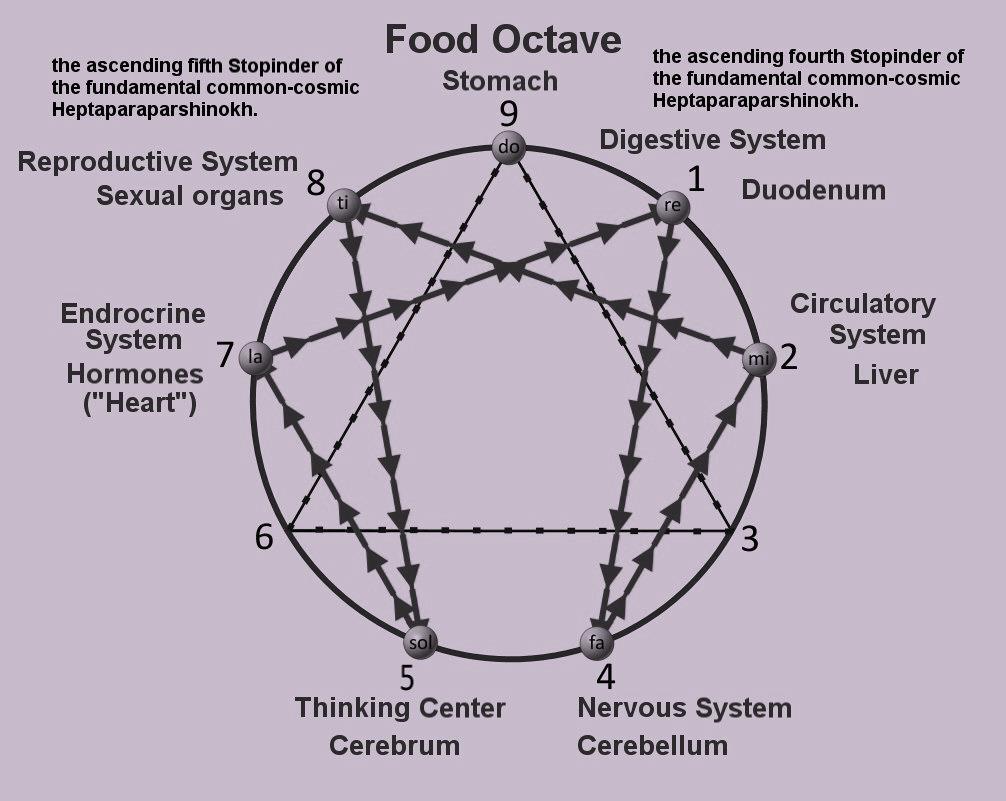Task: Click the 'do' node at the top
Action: coord(508,148)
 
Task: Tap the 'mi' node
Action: coord(758,358)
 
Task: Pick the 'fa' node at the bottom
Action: coord(597,641)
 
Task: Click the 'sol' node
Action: coord(420,640)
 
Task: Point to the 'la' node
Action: coord(256,356)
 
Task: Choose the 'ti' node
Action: coord(343,205)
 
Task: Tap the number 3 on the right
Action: coord(749,538)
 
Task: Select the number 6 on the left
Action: coord(264,537)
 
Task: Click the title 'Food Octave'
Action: coord(503,41)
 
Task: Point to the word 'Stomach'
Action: coord(500,80)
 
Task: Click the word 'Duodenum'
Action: coord(813,190)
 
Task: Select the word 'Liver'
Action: coord(885,374)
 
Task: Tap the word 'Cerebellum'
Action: coord(652,745)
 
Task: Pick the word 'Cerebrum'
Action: coord(394,745)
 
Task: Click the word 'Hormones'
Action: coord(135,374)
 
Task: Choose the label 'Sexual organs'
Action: coord(190,195)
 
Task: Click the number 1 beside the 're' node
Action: coord(696,179)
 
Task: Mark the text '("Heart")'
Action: coord(139,405)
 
